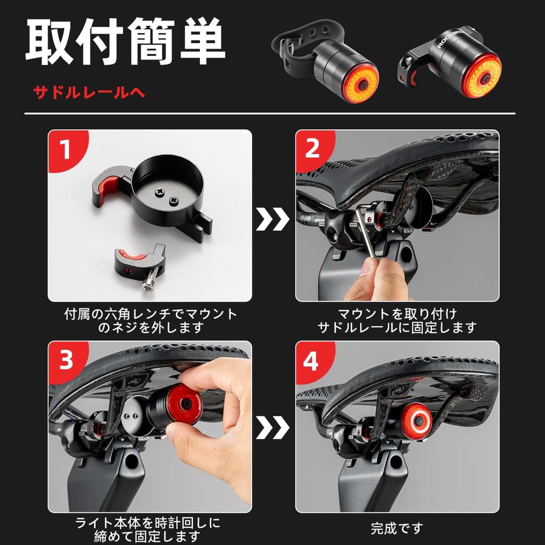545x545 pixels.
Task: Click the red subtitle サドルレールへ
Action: tap(89, 93)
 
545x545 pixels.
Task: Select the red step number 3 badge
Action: tap(65, 361)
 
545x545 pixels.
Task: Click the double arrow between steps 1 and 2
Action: tap(272, 219)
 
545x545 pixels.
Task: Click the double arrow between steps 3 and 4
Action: tap(272, 427)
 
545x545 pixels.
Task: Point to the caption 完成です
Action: tap(397, 529)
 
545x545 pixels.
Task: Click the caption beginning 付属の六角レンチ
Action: tap(151, 320)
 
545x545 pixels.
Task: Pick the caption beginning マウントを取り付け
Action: tap(397, 320)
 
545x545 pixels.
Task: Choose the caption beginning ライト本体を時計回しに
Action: tap(148, 529)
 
